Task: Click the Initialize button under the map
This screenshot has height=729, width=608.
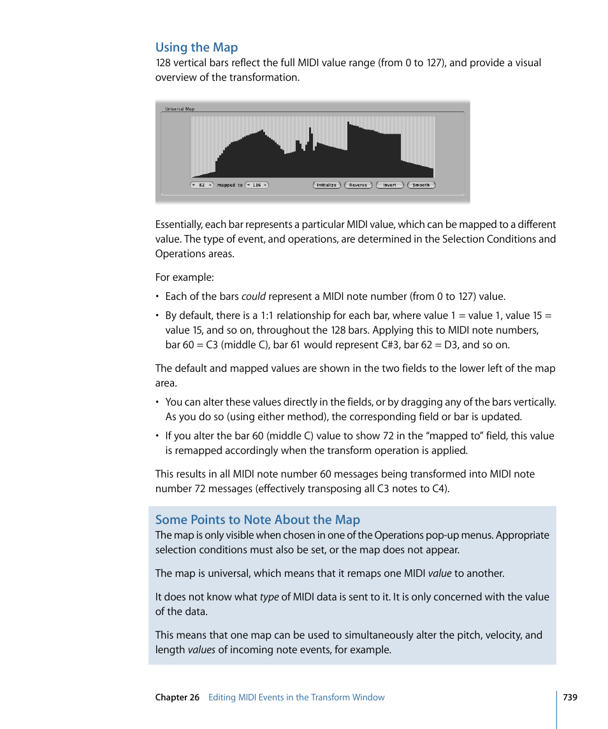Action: click(327, 185)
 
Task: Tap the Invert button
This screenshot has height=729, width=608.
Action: click(389, 185)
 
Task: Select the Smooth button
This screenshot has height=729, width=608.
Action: click(421, 185)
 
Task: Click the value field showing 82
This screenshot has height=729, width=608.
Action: click(201, 185)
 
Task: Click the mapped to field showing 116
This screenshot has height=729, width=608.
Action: click(256, 185)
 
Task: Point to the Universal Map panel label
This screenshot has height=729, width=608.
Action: click(180, 109)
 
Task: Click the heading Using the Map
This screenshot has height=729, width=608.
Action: click(196, 48)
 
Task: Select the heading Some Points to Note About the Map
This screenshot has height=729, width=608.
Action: click(257, 520)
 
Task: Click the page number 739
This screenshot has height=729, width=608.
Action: click(570, 697)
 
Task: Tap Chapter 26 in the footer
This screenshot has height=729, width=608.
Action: click(177, 697)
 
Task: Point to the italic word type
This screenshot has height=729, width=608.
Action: click(269, 597)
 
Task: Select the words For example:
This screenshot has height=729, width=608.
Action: click(184, 278)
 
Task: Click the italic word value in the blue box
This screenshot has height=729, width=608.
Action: click(440, 574)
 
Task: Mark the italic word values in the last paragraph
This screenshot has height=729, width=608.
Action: click(201, 650)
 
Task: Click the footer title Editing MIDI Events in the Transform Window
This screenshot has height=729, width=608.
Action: click(296, 697)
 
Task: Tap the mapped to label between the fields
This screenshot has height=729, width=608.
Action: click(229, 185)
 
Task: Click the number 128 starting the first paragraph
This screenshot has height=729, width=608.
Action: click(164, 63)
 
